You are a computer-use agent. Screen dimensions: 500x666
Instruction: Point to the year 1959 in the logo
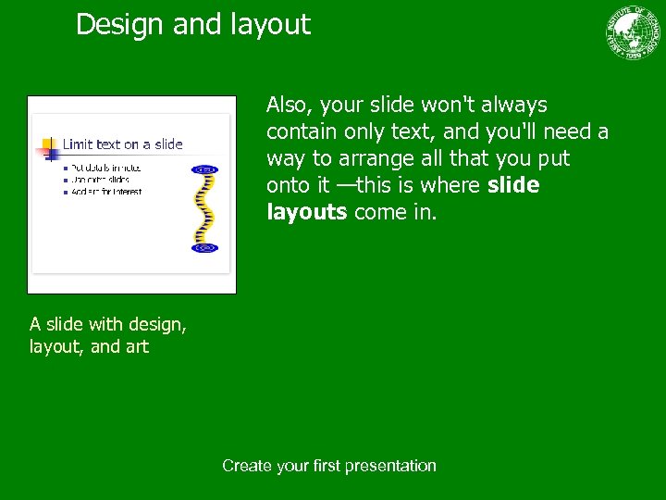[x=634, y=54]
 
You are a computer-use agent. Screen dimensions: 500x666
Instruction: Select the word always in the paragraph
[x=513, y=106]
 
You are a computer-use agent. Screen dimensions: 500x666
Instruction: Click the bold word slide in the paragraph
[x=512, y=186]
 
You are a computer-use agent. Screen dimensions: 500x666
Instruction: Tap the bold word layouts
[x=306, y=213]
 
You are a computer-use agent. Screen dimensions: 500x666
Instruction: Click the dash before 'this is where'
[x=344, y=186]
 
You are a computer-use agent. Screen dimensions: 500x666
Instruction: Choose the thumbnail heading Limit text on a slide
[x=122, y=144]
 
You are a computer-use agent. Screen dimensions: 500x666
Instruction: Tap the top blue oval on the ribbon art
[x=204, y=169]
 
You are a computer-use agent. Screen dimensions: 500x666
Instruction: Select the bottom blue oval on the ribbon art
[x=204, y=248]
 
